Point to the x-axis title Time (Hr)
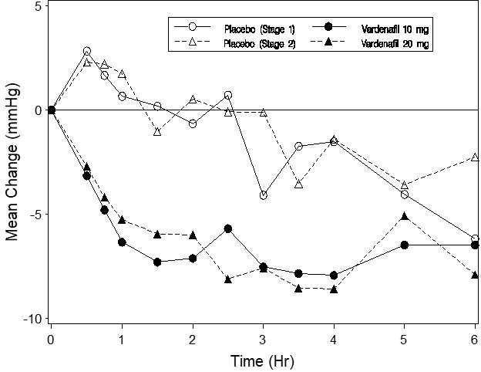262,360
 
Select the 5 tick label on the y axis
39,5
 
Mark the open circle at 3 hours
263,195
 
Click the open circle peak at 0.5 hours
87,51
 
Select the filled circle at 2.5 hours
228,228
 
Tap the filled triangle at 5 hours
405,216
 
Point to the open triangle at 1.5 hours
157,132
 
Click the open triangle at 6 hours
475,157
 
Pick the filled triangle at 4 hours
334,289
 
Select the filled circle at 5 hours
405,245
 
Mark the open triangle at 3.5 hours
298,184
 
